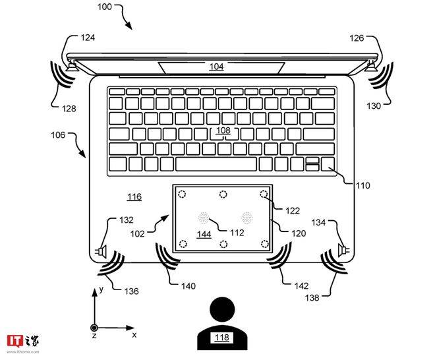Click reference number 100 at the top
point(105,7)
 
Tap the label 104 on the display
point(216,67)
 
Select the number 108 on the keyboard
point(223,130)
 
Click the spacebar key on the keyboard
point(216,164)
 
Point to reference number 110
point(363,185)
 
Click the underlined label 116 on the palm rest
point(134,196)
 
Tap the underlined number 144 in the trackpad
point(204,235)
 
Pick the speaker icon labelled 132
point(101,251)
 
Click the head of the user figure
point(223,309)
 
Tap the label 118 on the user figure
point(222,337)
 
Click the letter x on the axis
point(134,335)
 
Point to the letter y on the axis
point(101,289)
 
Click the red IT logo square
point(15,341)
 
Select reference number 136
point(131,291)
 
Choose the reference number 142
point(301,285)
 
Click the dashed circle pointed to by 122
point(264,194)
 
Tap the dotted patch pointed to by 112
point(204,218)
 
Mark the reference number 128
point(69,108)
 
